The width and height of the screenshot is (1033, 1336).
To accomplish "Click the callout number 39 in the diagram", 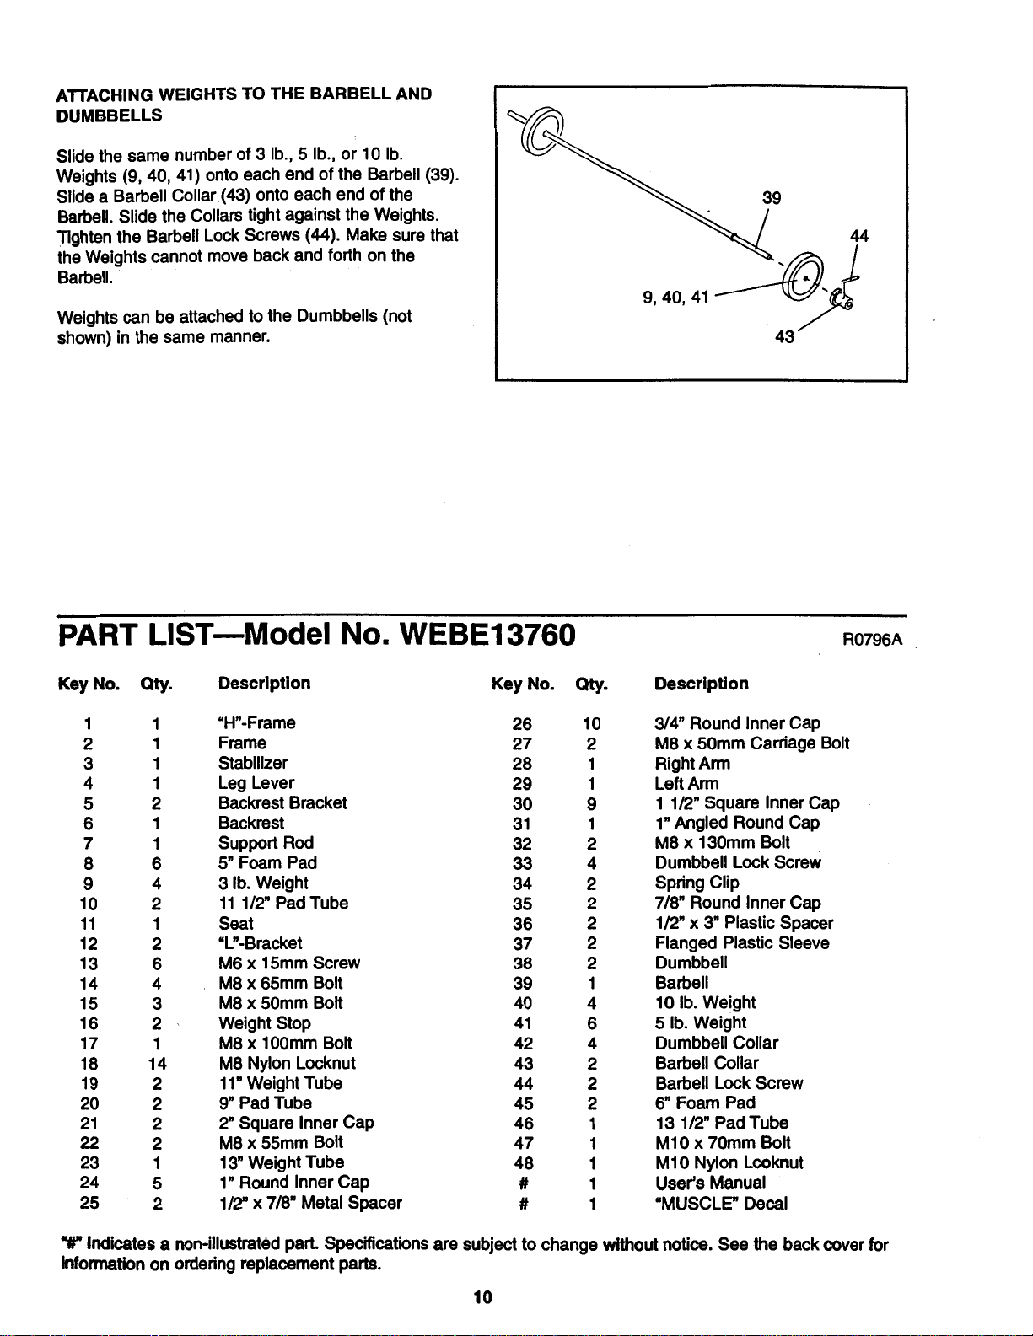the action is (x=771, y=198).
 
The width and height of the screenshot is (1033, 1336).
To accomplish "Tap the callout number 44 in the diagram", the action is (x=859, y=236).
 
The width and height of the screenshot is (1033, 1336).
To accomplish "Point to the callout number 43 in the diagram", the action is (x=784, y=337).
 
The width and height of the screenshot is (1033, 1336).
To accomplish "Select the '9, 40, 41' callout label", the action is (x=675, y=298).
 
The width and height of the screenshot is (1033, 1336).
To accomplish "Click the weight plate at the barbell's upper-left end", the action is (x=541, y=131).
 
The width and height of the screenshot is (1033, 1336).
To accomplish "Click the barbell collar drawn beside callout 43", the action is (x=842, y=299).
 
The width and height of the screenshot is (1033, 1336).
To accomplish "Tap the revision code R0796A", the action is (x=872, y=640).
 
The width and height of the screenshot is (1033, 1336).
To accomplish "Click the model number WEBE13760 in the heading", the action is (x=487, y=635).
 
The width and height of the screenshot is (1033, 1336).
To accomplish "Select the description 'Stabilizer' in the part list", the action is (x=253, y=763).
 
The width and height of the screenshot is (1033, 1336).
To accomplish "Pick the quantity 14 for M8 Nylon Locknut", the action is (x=158, y=1064).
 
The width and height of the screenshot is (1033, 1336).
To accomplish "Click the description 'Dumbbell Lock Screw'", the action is (x=738, y=862).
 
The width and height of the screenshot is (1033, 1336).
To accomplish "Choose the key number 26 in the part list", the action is (x=522, y=724).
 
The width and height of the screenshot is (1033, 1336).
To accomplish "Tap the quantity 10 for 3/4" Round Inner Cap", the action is (x=591, y=724).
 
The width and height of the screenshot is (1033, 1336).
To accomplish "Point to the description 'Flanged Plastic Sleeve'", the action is (x=742, y=942).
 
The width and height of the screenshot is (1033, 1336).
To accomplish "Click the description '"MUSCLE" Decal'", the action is (x=721, y=1203).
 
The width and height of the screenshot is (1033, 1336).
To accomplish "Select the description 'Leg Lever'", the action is (x=256, y=783).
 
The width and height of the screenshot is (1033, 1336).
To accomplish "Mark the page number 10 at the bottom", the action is (x=482, y=1297).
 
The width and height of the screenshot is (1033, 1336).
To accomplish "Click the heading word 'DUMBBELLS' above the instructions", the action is (x=110, y=115).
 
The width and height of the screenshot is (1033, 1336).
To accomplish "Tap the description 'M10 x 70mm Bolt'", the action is (x=723, y=1143).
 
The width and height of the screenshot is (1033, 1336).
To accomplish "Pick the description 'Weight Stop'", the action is (x=265, y=1023).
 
